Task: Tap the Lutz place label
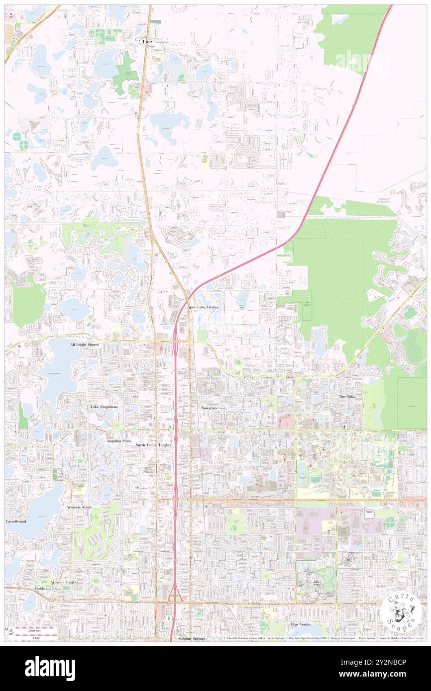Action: pos(148,42)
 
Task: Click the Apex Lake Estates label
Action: pos(203,308)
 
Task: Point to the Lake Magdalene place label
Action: pos(104,407)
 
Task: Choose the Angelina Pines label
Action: pos(118,441)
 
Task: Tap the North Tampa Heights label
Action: pos(154,445)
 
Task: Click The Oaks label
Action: pos(347,396)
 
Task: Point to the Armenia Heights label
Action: pos(64,582)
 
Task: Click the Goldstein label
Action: pos(43,588)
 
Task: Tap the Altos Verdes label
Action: pos(300,624)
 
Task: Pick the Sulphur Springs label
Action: pos(192,638)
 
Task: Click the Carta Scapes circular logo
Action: pos(401,612)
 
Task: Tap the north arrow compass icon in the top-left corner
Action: pos(11,16)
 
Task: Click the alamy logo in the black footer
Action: pos(50,669)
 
